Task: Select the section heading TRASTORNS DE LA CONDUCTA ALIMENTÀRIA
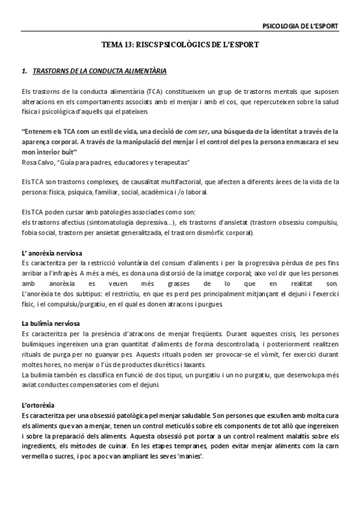(x=100, y=71)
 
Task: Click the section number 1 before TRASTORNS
(x=23, y=71)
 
